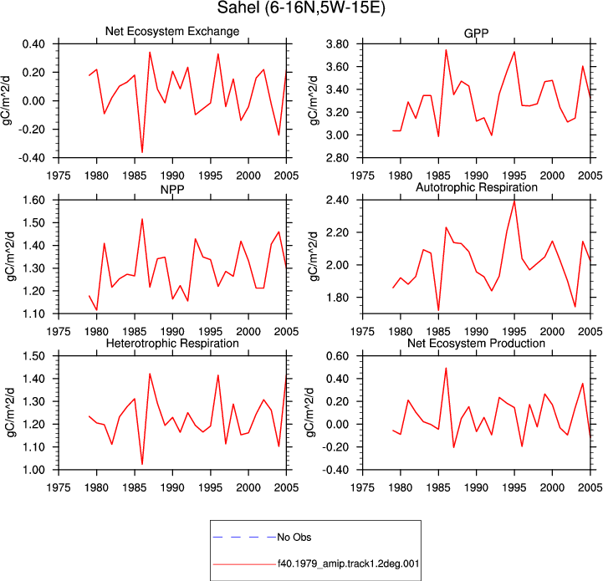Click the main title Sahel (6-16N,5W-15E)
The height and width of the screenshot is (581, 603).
coord(301,8)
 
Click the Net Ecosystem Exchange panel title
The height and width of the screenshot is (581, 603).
coord(172,31)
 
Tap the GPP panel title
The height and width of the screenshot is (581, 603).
coord(476,33)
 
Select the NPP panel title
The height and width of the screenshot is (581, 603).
coord(172,189)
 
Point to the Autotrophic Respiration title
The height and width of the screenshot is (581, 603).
coord(477,187)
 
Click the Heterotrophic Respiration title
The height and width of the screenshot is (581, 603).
coord(172,343)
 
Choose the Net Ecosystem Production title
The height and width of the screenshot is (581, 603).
coord(476,343)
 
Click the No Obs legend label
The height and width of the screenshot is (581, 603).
coord(294,538)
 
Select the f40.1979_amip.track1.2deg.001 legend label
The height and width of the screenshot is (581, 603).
coord(349,564)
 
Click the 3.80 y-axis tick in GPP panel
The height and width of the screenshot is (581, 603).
coord(337,44)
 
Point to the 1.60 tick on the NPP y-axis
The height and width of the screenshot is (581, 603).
coord(33,201)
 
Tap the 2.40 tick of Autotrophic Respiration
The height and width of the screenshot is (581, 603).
coord(337,201)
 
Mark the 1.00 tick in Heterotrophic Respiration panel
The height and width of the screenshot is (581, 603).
coord(33,470)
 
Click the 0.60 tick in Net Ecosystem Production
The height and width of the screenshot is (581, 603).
coord(337,356)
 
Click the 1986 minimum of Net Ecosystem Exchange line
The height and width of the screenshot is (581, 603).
coord(142,152)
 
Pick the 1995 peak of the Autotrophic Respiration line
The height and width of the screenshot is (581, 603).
coord(514,201)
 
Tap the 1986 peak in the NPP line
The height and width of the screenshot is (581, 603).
coord(142,219)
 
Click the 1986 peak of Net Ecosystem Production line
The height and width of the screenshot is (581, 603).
coord(446,368)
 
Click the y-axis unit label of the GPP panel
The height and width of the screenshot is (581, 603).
coord(314,100)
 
